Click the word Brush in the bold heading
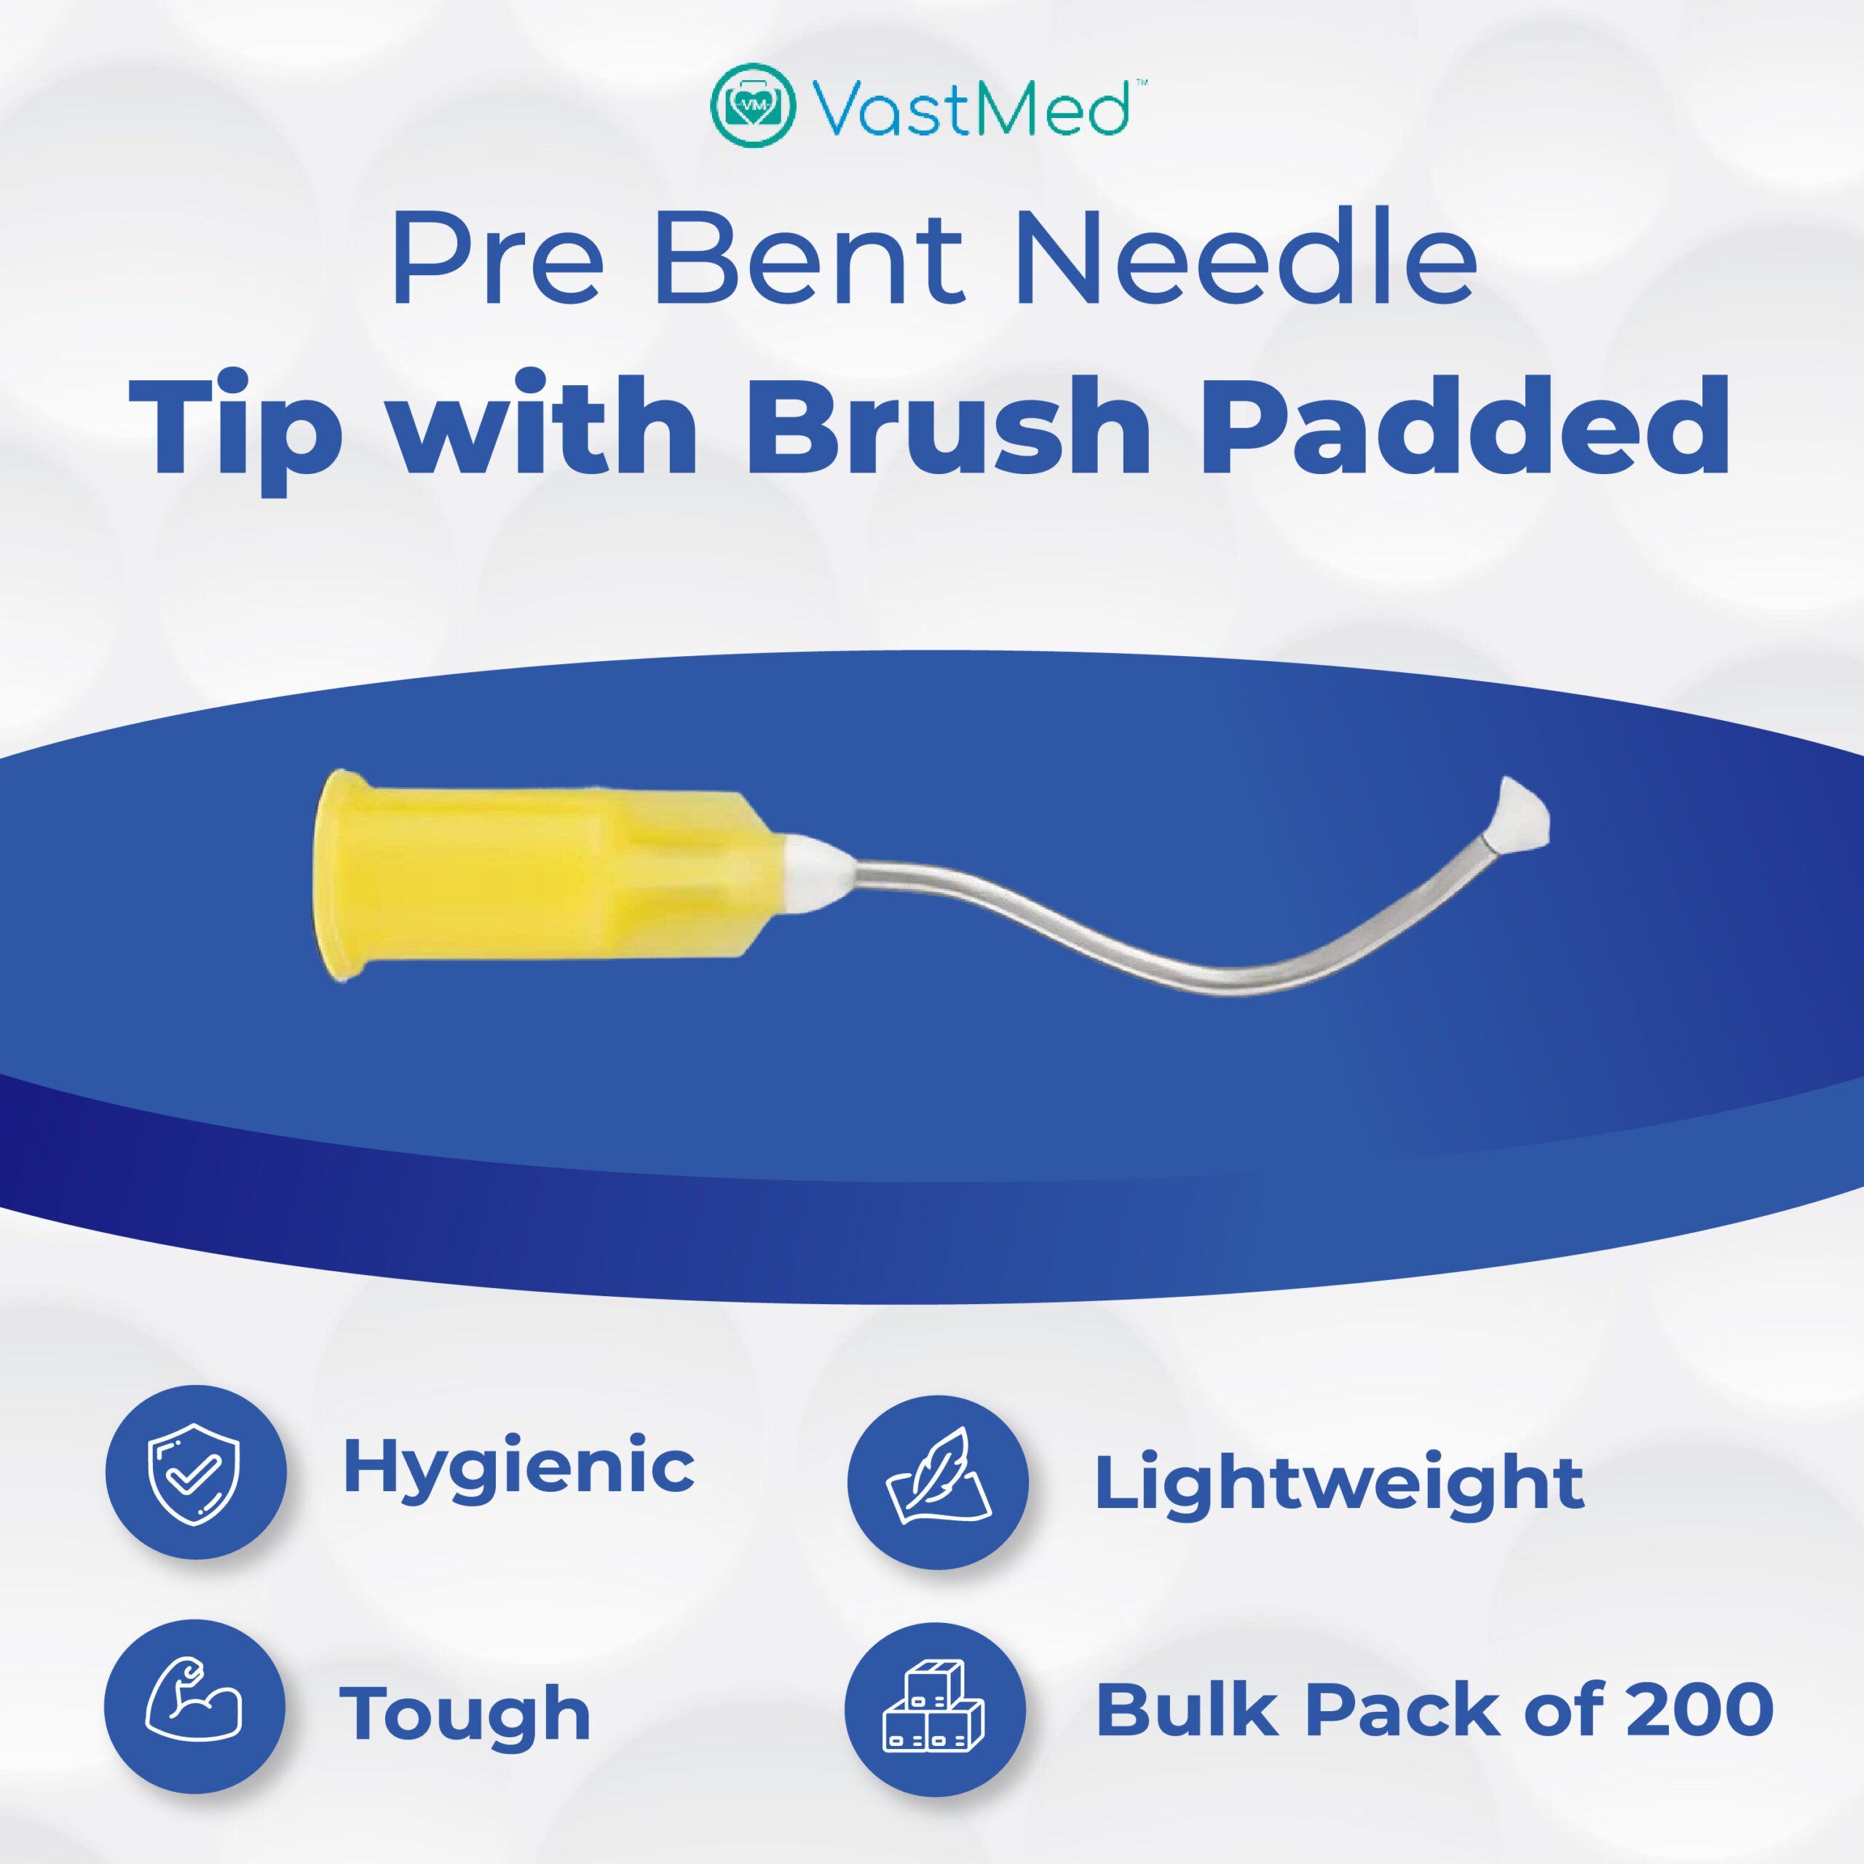click(x=949, y=425)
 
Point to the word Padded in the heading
click(x=1464, y=425)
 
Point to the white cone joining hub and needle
click(x=816, y=872)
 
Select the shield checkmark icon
click(x=193, y=1473)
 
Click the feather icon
click(x=938, y=1475)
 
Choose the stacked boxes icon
click(x=934, y=1705)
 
